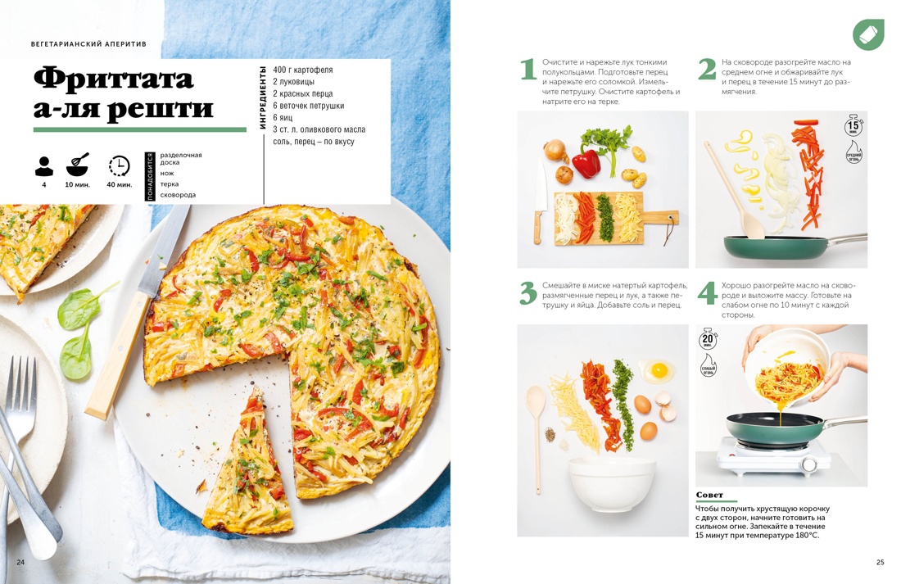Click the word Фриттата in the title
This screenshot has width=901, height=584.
(x=113, y=79)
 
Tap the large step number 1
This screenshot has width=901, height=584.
(x=528, y=70)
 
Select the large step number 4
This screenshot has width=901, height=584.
(x=707, y=293)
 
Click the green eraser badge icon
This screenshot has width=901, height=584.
(x=867, y=34)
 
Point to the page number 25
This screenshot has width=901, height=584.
(x=880, y=562)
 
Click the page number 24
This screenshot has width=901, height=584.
(x=20, y=562)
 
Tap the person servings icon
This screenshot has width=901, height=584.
(x=44, y=165)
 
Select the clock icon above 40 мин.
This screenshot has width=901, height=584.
(x=119, y=165)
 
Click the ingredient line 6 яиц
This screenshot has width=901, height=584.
(x=283, y=117)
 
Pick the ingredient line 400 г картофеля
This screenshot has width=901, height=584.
(x=303, y=70)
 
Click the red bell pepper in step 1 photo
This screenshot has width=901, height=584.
(x=586, y=161)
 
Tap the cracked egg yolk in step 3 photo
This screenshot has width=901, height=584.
(x=659, y=371)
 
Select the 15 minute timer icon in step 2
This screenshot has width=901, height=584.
(x=853, y=126)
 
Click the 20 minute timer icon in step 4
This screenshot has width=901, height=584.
(x=708, y=339)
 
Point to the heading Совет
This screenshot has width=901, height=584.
(x=709, y=495)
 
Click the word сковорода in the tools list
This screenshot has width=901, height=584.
(x=178, y=195)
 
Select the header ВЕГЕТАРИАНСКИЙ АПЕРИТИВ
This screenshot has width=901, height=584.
(x=88, y=44)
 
